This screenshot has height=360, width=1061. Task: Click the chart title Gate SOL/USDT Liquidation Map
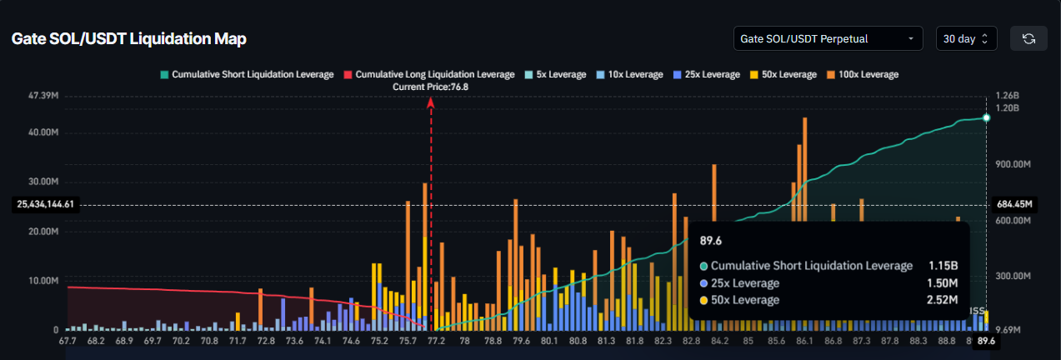point(128,39)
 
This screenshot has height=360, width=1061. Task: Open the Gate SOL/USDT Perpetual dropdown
point(828,38)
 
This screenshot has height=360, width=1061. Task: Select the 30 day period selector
point(965,38)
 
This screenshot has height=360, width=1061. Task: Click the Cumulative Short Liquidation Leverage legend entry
point(247,75)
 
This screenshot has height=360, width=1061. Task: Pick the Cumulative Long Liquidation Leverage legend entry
point(428,75)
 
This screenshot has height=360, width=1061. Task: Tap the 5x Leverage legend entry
point(555,75)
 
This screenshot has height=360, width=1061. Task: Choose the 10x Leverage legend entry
point(629,75)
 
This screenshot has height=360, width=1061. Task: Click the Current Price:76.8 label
point(430,87)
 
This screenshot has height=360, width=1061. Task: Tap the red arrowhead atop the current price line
point(431,102)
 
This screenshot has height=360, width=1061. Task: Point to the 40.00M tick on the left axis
point(43,133)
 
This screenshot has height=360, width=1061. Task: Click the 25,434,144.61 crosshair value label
point(46,204)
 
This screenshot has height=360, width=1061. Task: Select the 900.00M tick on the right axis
point(1014,165)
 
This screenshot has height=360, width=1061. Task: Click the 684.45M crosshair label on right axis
point(1014,204)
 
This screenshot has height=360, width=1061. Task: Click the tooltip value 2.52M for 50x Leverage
point(943,300)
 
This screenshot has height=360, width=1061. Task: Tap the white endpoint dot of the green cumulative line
point(986,117)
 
